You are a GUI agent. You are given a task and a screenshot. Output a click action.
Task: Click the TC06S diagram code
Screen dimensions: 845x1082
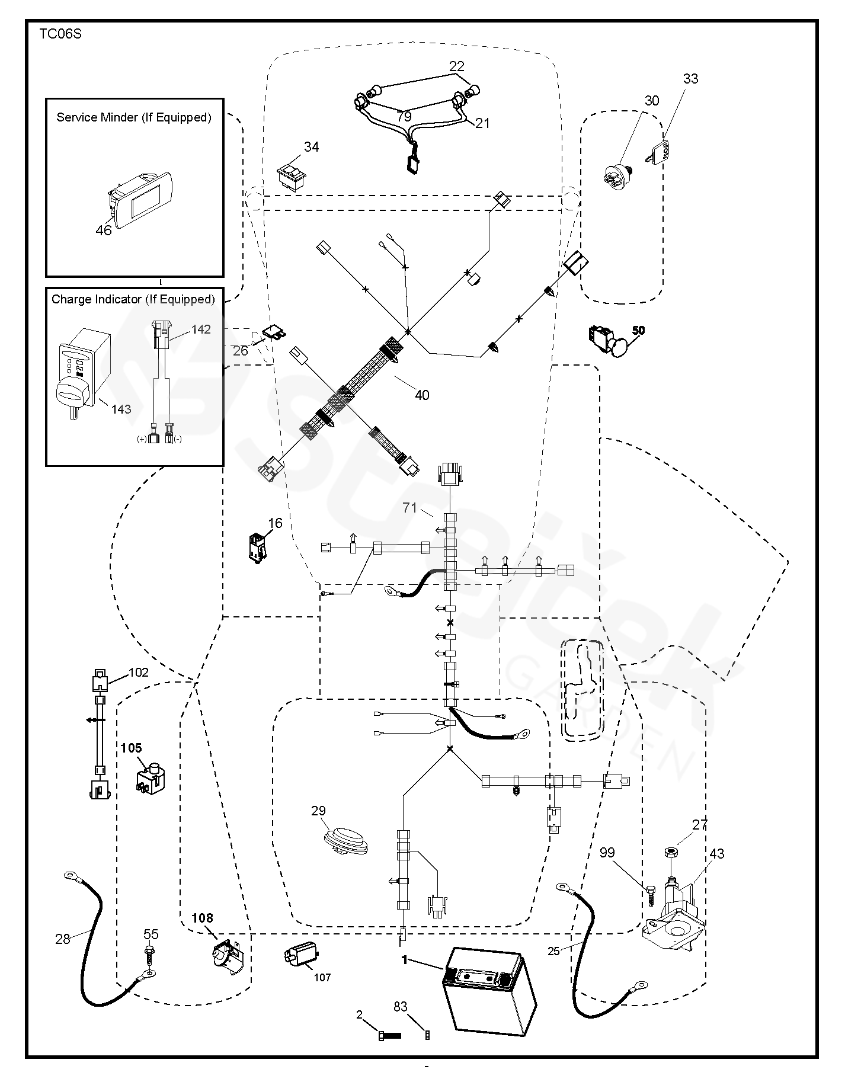(60, 34)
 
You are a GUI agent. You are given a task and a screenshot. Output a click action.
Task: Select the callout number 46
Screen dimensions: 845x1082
(103, 230)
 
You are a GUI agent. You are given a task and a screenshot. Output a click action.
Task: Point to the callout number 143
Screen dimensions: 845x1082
(121, 409)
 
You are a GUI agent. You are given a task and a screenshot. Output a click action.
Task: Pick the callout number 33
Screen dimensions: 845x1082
(691, 78)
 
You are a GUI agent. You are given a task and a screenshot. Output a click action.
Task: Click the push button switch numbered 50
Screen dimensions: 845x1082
(610, 341)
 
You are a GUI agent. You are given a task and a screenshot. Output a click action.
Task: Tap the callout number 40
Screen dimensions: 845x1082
(422, 395)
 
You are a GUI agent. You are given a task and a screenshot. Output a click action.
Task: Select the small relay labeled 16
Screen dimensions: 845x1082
(258, 547)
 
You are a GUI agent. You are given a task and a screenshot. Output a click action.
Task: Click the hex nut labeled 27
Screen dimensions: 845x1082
(671, 852)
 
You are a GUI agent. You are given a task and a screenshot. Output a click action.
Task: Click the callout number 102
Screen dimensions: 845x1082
(139, 673)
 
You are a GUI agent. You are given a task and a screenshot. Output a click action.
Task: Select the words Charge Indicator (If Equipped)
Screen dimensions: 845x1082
(133, 299)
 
